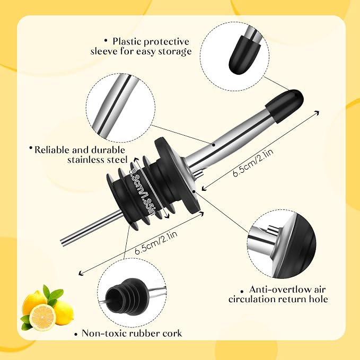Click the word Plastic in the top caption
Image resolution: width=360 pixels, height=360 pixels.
[126, 41]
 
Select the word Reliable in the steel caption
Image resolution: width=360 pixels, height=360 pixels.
[52, 150]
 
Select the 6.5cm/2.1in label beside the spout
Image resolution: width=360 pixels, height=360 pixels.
[253, 163]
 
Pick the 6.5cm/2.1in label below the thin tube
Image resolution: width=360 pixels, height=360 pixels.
[156, 242]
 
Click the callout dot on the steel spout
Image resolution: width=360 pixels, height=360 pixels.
[214, 145]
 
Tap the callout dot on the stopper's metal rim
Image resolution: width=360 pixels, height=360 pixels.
[194, 191]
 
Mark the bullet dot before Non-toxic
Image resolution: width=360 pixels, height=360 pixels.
[76, 334]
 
